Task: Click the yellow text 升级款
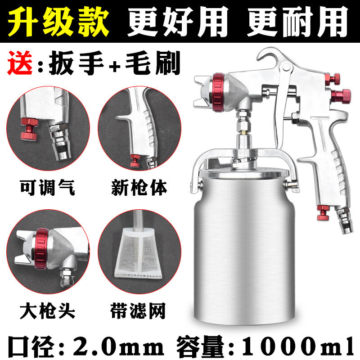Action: click(58, 21)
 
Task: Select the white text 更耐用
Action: click(298, 21)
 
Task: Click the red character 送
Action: click(20, 63)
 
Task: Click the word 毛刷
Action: click(153, 63)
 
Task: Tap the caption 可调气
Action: click(47, 188)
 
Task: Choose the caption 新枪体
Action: click(139, 188)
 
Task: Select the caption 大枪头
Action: click(47, 311)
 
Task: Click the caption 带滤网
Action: click(138, 311)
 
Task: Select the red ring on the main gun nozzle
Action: click(218, 93)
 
